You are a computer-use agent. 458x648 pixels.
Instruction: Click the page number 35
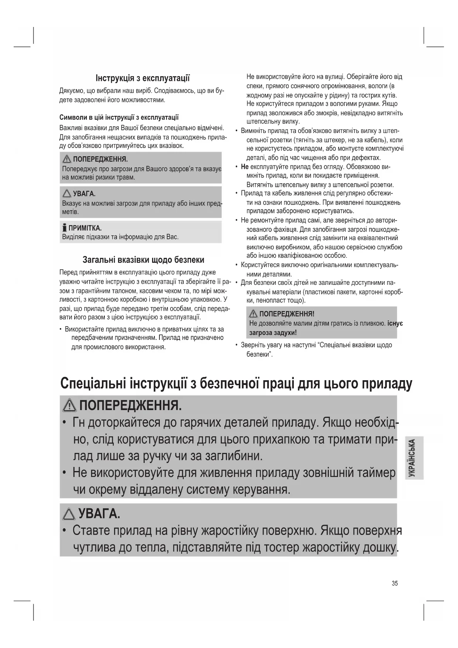pyautogui.click(x=395, y=583)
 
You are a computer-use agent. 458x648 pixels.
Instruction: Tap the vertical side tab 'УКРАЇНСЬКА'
pyautogui.click(x=413, y=458)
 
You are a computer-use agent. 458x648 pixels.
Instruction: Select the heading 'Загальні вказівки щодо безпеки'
pyautogui.click(x=143, y=260)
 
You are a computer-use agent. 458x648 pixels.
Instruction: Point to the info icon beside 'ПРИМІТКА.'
pyautogui.click(x=65, y=228)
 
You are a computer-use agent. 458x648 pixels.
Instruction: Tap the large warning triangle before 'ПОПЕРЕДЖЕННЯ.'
pyautogui.click(x=69, y=406)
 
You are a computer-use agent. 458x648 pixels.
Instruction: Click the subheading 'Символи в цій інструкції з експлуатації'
pyautogui.click(x=119, y=117)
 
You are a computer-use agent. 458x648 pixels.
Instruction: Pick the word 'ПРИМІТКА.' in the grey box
pyautogui.click(x=88, y=228)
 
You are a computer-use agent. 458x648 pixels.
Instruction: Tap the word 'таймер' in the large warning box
pyautogui.click(x=376, y=473)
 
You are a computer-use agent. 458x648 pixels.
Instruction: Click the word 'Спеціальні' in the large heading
pyautogui.click(x=93, y=383)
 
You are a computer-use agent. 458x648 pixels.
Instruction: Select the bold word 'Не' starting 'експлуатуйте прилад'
pyautogui.click(x=245, y=167)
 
